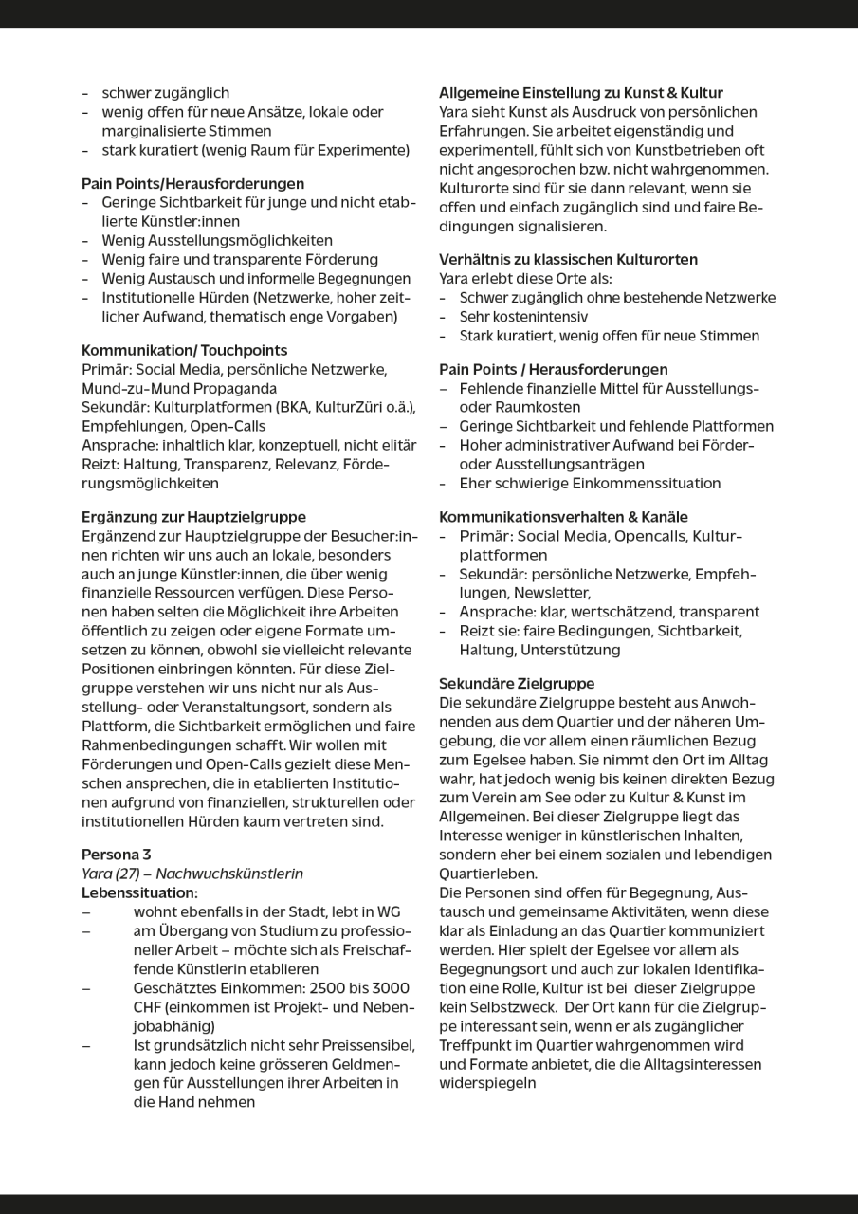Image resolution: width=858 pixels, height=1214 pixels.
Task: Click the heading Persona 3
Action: tap(116, 855)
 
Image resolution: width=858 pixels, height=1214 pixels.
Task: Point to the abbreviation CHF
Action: tap(150, 1007)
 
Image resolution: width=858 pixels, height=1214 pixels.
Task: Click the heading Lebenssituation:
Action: tap(139, 892)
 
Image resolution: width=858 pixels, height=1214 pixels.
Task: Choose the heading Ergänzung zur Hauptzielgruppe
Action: tap(193, 517)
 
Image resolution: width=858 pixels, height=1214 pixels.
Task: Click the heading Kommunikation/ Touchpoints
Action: tap(184, 350)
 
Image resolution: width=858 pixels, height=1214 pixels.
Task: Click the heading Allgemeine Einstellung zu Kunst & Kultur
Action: tap(580, 93)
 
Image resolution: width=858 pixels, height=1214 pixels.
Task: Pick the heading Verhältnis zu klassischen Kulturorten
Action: tap(568, 259)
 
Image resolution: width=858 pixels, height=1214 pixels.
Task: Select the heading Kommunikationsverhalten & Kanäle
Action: tap(563, 517)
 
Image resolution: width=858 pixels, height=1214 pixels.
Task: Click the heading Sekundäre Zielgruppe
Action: tap(517, 683)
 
